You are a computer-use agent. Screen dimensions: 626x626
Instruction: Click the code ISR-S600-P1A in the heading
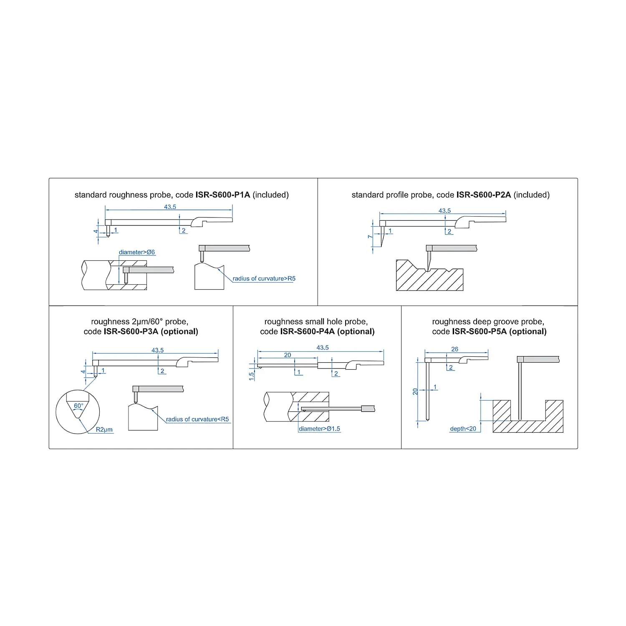point(223,195)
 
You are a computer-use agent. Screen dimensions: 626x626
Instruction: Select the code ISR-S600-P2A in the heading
point(484,195)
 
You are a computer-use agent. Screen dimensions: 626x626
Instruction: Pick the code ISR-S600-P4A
point(307,331)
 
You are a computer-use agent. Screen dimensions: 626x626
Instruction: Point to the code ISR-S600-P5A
point(480,331)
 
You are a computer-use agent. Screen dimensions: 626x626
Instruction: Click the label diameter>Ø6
point(137,252)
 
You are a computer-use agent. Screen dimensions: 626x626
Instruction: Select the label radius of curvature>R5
point(264,278)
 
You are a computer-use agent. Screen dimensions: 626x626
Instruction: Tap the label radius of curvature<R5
point(197,419)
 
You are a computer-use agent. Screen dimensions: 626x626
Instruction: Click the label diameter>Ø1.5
point(320,429)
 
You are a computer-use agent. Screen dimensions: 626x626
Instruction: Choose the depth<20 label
point(463,429)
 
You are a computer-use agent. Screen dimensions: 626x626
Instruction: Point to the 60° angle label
point(78,406)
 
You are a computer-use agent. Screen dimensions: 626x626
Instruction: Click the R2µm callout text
point(104,429)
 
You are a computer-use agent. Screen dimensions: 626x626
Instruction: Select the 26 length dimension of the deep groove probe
point(455,349)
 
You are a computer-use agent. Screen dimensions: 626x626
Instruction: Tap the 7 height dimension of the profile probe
point(370,237)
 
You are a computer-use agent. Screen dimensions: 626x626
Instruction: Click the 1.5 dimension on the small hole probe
point(251,376)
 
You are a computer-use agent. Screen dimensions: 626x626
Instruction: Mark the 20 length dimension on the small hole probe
point(288,355)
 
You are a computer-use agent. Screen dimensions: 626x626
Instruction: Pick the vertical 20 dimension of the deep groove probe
point(415,391)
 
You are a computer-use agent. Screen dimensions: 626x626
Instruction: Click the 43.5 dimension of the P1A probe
point(170,207)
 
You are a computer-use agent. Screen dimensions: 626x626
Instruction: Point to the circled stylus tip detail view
point(78,412)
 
